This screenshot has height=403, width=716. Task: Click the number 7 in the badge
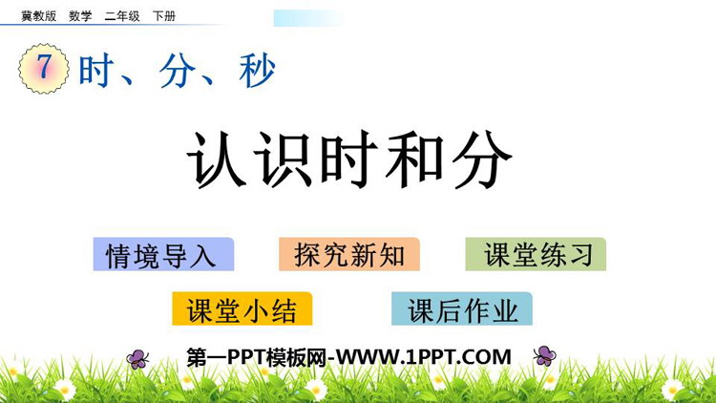(43, 66)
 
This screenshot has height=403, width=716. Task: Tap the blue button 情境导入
(163, 255)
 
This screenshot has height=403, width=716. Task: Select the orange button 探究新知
(349, 254)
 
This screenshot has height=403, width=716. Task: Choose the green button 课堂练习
(536, 254)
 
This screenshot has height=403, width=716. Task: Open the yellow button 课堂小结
(242, 308)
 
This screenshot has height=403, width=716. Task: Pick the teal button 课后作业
(462, 308)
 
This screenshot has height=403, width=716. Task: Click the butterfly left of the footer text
(137, 359)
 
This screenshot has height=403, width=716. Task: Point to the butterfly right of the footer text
(544, 355)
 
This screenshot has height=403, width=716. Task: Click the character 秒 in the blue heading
(257, 71)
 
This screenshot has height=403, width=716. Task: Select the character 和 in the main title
(414, 159)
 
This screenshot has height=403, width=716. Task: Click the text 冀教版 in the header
(39, 16)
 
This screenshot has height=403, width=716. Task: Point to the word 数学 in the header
(80, 16)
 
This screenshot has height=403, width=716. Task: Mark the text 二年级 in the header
(122, 16)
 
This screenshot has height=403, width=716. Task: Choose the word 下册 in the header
(164, 16)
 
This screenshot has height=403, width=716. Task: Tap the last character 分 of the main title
(482, 159)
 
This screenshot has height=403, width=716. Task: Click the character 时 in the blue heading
(96, 71)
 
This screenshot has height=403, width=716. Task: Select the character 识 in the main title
(284, 159)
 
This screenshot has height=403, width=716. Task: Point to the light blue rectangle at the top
(309, 18)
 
